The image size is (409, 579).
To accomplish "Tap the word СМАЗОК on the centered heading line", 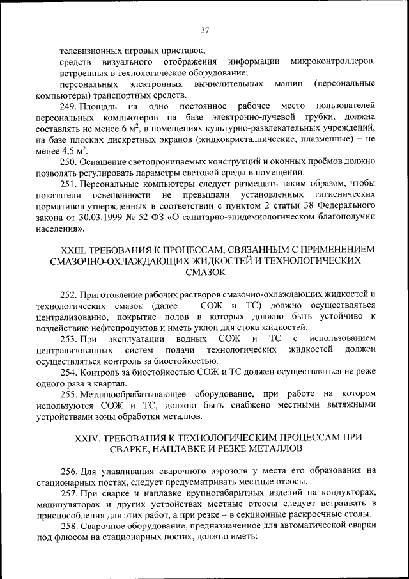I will tap(204, 272).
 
